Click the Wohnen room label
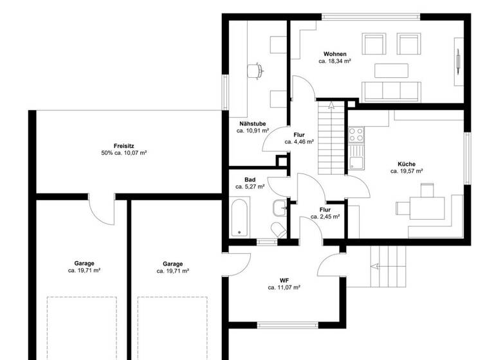pos(334,54)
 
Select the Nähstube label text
pos(252,123)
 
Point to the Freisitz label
pos(123,146)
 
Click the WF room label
pos(284,280)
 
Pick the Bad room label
pos(250,179)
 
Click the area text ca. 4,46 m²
pos(300,141)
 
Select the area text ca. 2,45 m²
pos(325,217)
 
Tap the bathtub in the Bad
pos(239,218)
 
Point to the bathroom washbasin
pos(279,208)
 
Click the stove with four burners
pos(356,134)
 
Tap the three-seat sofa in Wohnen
pos(390,91)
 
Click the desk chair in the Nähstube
pos(255,69)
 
